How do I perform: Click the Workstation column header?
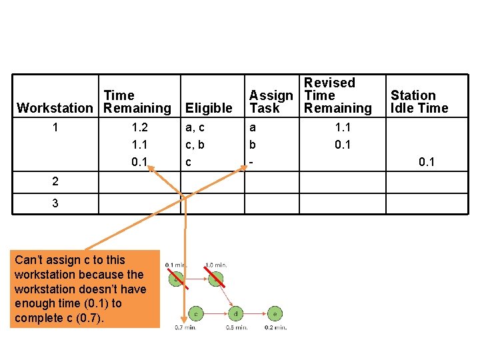pyautogui.click(x=55, y=108)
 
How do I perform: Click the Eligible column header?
pyautogui.click(x=209, y=108)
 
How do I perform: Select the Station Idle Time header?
pyautogui.click(x=419, y=102)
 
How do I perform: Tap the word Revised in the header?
pyautogui.click(x=329, y=83)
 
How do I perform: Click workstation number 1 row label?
pyautogui.click(x=55, y=127)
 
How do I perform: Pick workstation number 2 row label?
pyautogui.click(x=55, y=181)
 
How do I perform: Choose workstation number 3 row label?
pyautogui.click(x=55, y=203)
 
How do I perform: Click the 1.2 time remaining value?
pyautogui.click(x=140, y=127)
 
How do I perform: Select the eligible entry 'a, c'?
pyautogui.click(x=195, y=127)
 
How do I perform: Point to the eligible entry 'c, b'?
pyautogui.click(x=195, y=145)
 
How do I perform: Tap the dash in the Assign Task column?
pyautogui.click(x=251, y=162)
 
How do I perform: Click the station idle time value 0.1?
pyautogui.click(x=426, y=162)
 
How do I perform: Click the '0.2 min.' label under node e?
pyautogui.click(x=275, y=327)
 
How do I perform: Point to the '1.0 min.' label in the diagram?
pyautogui.click(x=216, y=265)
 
